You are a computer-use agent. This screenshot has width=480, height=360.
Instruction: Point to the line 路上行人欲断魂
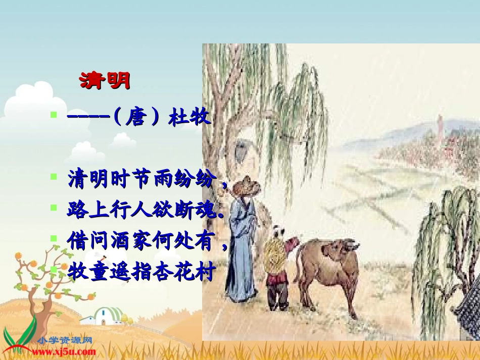pos(143,211)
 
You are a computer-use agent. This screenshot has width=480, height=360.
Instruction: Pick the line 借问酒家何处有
pos(143,242)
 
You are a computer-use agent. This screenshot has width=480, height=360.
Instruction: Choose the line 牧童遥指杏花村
pos(141,273)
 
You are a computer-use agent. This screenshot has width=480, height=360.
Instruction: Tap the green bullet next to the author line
pos(54,115)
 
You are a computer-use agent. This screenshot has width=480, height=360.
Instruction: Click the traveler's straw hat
pos(247,186)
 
